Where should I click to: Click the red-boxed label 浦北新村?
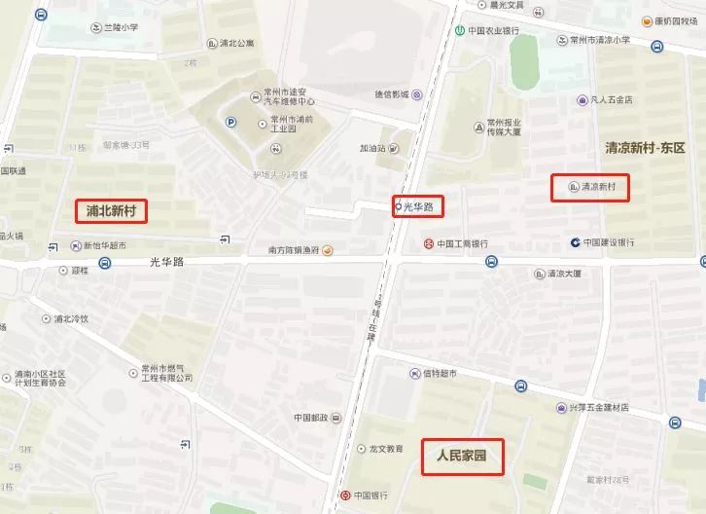click(x=111, y=210)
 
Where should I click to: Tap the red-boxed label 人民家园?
click(x=462, y=456)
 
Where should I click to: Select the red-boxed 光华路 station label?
click(x=418, y=205)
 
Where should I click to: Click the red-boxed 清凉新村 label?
click(x=589, y=187)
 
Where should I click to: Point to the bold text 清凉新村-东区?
click(x=645, y=149)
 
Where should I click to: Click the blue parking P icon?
click(x=230, y=122)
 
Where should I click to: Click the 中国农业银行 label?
click(x=489, y=30)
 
